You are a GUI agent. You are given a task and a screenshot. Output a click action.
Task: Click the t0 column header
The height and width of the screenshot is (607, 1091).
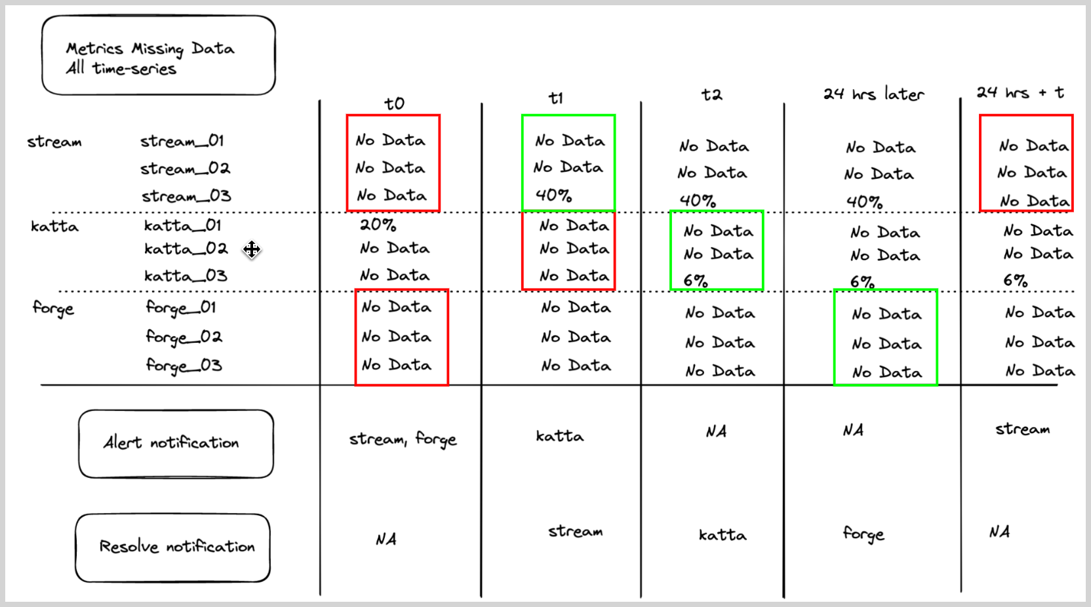pos(394,104)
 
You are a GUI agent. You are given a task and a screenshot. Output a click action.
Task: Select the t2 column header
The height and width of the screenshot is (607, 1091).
pos(711,95)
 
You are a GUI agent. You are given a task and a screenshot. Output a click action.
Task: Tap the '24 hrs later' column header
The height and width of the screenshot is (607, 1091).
pos(873,94)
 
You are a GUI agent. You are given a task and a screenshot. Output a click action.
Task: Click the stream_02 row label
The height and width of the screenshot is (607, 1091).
pos(185,168)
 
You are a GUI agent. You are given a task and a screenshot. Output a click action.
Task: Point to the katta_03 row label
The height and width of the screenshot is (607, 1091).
pos(186,276)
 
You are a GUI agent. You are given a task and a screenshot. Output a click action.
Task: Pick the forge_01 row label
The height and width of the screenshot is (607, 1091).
pos(181,307)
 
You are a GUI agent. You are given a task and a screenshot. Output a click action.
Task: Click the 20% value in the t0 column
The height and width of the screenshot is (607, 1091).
pos(378,225)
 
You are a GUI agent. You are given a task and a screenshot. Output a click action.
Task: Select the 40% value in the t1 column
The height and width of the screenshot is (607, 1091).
pos(553,195)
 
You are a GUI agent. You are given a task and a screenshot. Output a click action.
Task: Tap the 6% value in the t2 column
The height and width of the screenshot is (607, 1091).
pos(695,281)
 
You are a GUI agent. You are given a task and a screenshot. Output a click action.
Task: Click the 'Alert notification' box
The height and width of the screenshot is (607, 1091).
pos(176,444)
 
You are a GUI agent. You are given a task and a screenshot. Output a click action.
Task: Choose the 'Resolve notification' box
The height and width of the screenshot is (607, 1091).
pos(173,547)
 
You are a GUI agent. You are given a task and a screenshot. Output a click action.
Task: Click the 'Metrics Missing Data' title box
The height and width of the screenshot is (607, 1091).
pos(158,56)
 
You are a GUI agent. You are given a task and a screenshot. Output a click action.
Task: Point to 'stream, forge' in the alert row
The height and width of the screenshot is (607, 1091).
pos(403,439)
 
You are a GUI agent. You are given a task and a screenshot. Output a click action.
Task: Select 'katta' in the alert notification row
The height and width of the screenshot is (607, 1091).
pos(559,437)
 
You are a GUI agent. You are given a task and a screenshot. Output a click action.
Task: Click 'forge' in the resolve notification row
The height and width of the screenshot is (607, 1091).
pos(863,535)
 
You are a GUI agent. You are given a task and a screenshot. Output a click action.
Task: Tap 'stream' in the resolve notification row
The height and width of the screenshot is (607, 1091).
pos(575,532)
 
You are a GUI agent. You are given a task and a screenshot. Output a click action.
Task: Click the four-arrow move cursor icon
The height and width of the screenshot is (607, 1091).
pos(252,250)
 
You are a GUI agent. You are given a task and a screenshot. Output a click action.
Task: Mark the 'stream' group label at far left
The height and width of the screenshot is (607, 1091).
pos(54,142)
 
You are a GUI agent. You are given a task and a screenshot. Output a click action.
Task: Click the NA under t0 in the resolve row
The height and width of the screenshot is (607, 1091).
pos(386,539)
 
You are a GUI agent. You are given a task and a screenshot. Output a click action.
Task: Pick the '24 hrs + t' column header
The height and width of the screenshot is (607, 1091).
pos(1020,93)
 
